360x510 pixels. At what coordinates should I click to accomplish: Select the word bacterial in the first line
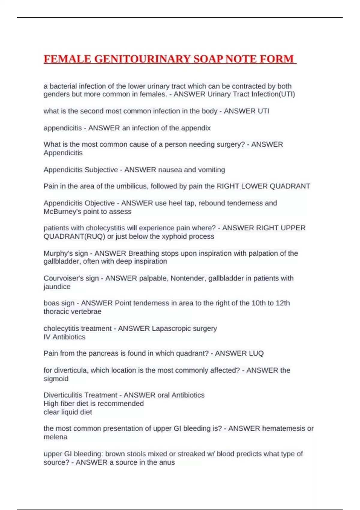[x=63, y=86]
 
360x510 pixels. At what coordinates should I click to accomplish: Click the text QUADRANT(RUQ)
[x=74, y=236]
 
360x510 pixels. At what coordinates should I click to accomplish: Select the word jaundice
[x=57, y=287]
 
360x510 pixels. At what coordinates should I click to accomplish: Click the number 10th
[x=258, y=303]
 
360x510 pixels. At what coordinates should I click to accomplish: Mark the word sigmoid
[x=56, y=379]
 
